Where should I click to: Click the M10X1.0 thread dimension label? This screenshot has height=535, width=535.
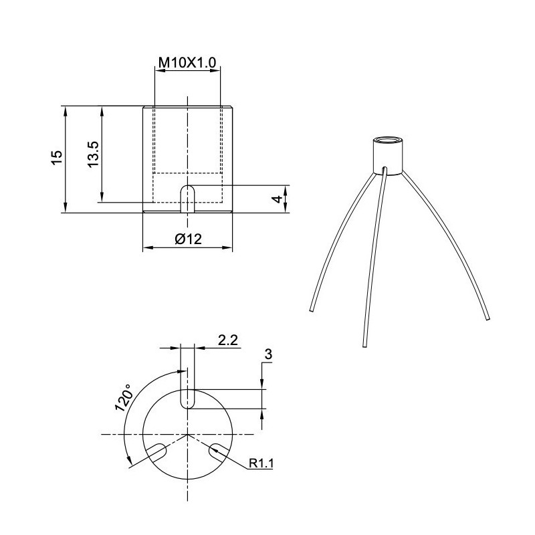click(187, 62)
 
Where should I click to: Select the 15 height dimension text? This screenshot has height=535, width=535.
click(57, 157)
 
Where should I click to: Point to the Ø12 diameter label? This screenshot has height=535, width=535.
click(188, 239)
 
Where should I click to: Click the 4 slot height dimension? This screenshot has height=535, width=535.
click(276, 199)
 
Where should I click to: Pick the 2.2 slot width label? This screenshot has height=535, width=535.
click(228, 340)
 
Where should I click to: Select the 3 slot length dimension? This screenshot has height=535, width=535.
click(267, 355)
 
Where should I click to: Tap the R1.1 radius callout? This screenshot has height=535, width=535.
click(261, 463)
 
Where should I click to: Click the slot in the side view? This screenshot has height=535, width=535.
click(188, 199)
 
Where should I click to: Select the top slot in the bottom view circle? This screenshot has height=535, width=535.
click(188, 397)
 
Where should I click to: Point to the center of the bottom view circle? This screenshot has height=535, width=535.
click(188, 435)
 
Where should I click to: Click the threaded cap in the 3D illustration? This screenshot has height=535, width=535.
click(387, 155)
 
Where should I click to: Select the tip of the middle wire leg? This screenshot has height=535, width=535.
click(364, 344)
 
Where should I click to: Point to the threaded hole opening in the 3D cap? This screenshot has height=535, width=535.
click(387, 140)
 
